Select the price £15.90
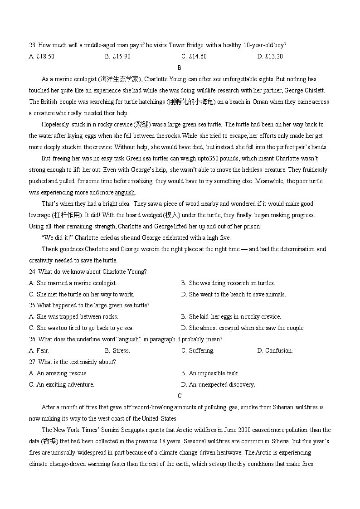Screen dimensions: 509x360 (x=122, y=56)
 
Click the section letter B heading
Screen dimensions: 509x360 (x=180, y=68)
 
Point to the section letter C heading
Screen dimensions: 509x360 (x=180, y=396)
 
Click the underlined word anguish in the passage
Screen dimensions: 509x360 (x=125, y=192)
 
